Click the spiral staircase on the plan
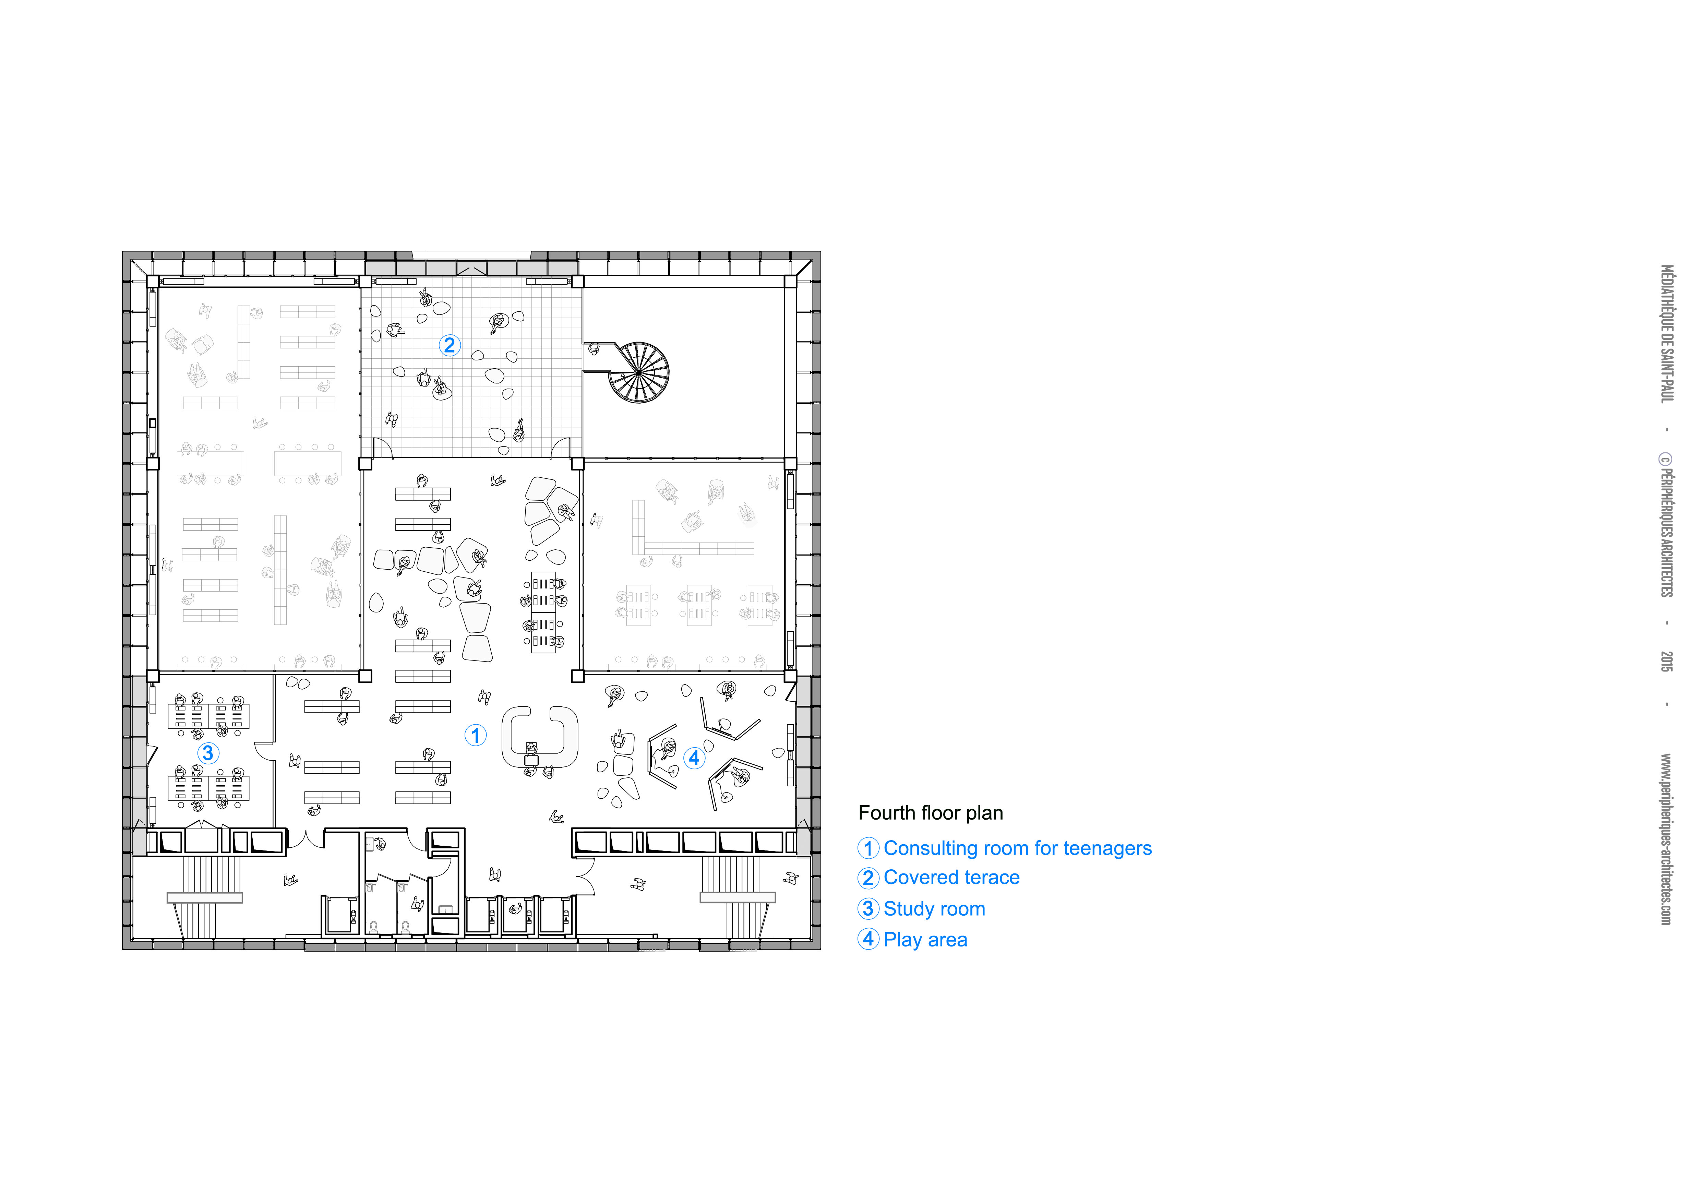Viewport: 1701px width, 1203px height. click(639, 373)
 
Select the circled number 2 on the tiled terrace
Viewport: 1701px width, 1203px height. click(450, 345)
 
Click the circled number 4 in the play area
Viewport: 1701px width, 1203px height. click(694, 758)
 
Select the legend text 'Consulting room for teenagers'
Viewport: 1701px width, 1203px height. click(1018, 848)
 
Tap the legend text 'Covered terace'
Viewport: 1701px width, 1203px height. click(952, 878)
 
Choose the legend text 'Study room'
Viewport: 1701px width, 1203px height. click(935, 909)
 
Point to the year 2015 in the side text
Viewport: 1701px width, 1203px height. click(1666, 662)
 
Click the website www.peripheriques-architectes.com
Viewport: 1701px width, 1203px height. click(1666, 839)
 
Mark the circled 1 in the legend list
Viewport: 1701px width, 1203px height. click(868, 848)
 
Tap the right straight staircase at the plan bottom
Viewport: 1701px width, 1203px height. click(738, 897)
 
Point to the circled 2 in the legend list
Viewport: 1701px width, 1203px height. click(868, 878)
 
